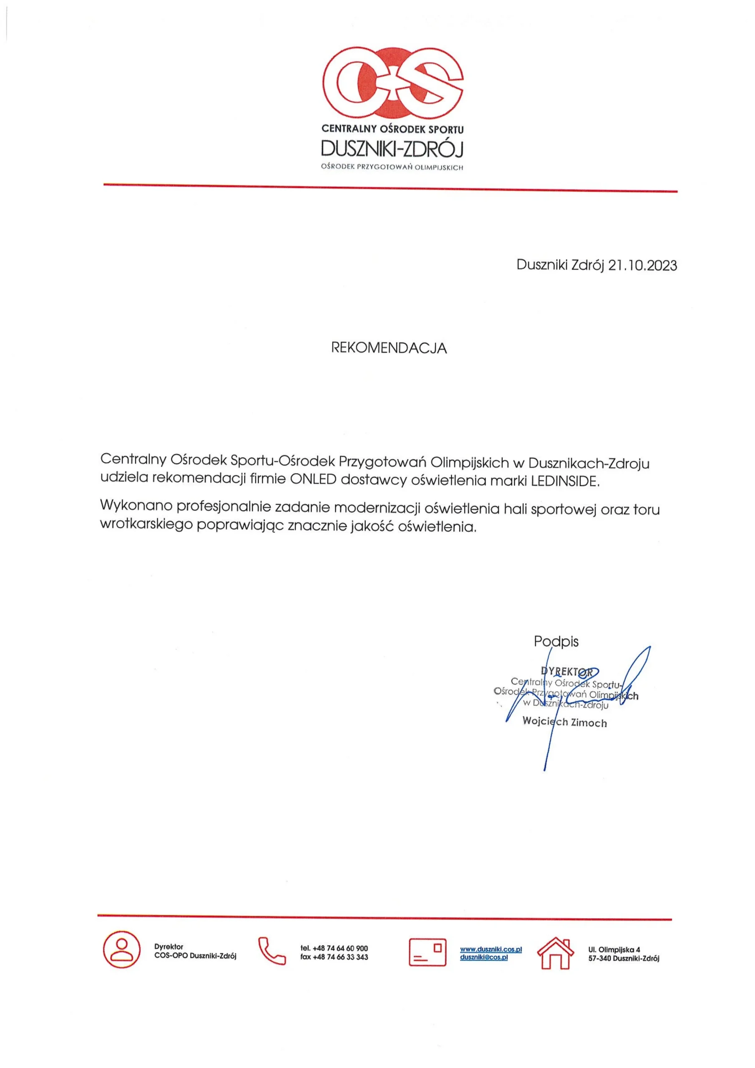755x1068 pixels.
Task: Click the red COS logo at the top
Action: click(393, 84)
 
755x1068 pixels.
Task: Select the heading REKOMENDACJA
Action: click(389, 348)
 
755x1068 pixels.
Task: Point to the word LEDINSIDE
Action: click(565, 481)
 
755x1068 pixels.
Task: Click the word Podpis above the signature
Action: click(556, 642)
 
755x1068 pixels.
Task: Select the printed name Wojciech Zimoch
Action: click(565, 722)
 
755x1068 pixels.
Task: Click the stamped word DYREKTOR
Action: click(566, 672)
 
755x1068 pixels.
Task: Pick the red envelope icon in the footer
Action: click(427, 952)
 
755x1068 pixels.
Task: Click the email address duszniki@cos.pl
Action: click(484, 957)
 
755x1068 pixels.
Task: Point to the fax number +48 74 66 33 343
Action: click(340, 957)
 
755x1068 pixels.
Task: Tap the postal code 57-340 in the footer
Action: click(600, 958)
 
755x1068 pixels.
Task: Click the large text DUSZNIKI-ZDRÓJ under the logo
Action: click(392, 149)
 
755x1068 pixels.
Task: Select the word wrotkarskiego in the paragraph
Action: click(146, 525)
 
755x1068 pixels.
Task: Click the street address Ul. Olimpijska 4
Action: click(614, 950)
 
